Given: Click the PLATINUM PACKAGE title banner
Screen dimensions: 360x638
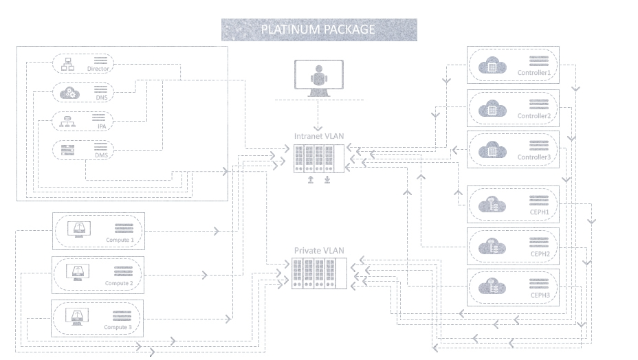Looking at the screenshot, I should click(x=318, y=30).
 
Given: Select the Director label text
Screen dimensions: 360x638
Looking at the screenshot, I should click(x=98, y=69).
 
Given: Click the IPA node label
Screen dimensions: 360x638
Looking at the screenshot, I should click(x=102, y=127).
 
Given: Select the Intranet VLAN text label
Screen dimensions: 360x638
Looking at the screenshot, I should click(x=318, y=136).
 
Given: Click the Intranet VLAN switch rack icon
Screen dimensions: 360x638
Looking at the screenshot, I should click(x=318, y=159).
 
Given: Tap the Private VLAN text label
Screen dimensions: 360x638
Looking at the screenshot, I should click(x=319, y=251).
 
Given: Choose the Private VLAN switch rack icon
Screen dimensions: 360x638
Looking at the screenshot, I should click(x=319, y=273).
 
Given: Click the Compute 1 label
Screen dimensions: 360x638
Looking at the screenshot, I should click(x=120, y=240).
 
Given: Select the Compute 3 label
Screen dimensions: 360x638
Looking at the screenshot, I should click(x=118, y=327).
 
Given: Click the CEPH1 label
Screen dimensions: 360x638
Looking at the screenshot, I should click(x=540, y=212).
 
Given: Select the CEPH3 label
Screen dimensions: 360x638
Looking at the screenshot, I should click(x=540, y=295).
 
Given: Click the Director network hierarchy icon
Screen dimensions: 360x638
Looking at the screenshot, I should click(x=68, y=65).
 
